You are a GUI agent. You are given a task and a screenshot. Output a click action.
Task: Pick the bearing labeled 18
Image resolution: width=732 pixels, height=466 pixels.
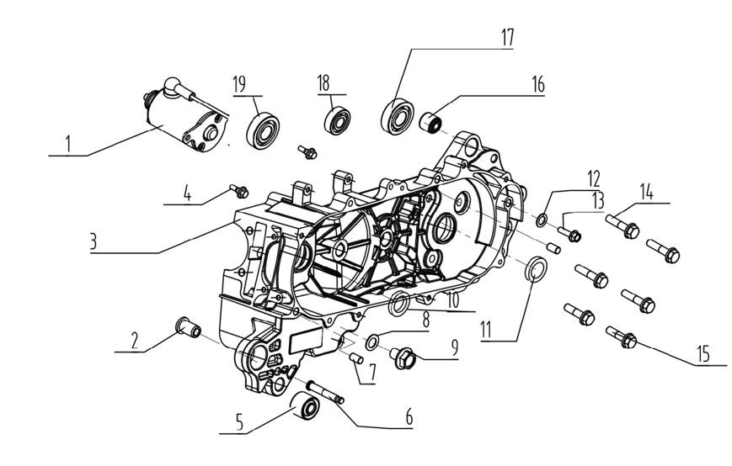pyautogui.click(x=339, y=118)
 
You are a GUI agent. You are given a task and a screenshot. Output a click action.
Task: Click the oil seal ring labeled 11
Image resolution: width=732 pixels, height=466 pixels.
pyautogui.click(x=534, y=271)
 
